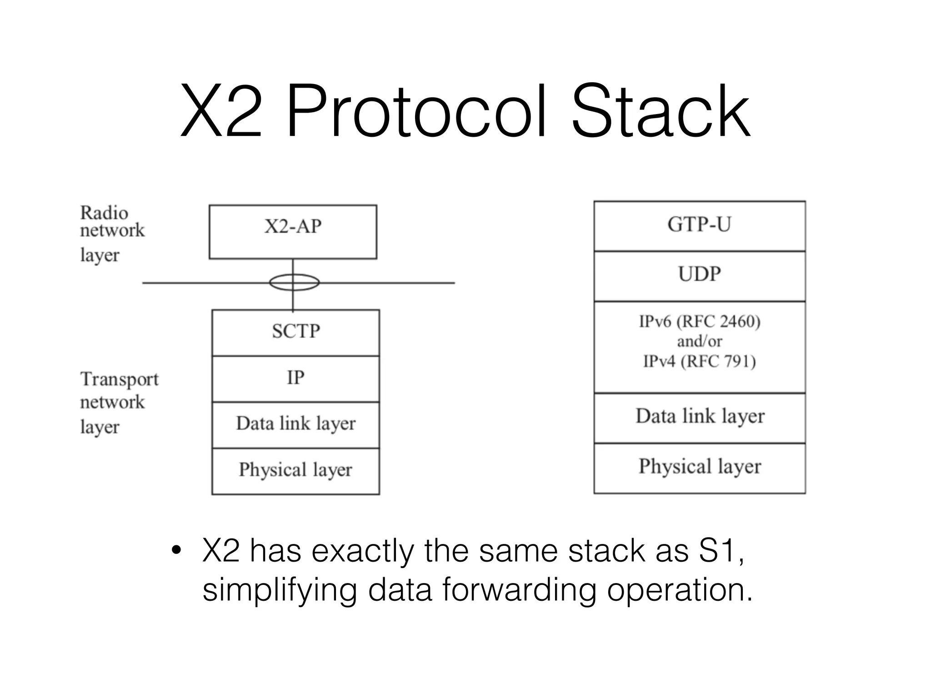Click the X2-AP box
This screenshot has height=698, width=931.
293,232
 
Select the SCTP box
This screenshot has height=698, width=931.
295,332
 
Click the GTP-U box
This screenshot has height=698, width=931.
699,225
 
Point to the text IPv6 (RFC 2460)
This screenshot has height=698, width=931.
699,322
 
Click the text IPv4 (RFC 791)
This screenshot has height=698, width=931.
699,362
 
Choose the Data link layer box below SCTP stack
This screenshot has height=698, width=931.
295,424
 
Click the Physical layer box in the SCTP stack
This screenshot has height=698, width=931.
295,471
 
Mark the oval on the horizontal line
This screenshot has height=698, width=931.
294,282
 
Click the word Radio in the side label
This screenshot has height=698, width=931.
104,213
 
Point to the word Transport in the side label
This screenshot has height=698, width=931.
120,379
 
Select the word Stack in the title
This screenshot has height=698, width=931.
660,111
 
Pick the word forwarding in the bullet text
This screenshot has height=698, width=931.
518,590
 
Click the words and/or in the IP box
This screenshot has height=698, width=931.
699,342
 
